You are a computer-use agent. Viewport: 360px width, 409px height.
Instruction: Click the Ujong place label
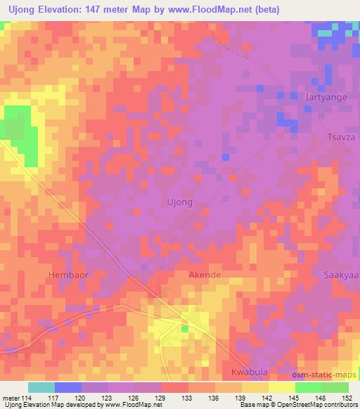pos(179,202)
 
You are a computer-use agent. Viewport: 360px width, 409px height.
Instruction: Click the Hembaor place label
pos(68,275)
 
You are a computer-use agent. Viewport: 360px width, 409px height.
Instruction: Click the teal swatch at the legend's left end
pos(41,387)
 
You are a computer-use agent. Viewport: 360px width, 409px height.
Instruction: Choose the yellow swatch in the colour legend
pos(282,387)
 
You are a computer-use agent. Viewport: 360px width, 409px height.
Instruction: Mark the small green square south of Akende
pos(185,328)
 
